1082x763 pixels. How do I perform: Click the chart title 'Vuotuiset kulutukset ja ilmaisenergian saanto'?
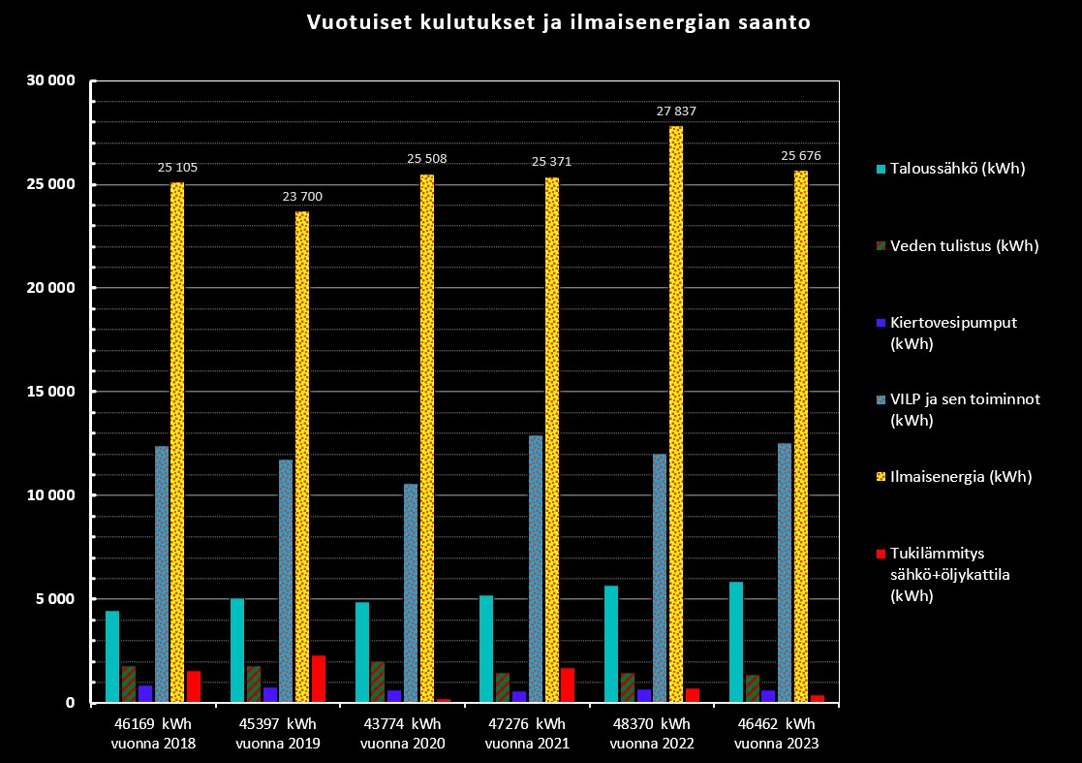[559, 23]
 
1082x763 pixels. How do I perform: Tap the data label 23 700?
[302, 197]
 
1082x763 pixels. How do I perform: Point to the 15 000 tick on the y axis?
[49, 392]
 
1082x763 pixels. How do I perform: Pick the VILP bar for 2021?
[536, 569]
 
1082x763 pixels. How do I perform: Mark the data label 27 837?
[676, 111]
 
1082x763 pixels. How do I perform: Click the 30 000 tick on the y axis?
[49, 81]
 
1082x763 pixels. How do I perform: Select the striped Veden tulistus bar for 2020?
[378, 682]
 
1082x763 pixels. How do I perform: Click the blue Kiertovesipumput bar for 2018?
[145, 693]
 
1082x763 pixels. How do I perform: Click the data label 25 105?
[177, 168]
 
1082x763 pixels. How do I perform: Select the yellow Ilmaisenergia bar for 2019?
[302, 457]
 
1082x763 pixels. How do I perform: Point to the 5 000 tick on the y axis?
[53, 599]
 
